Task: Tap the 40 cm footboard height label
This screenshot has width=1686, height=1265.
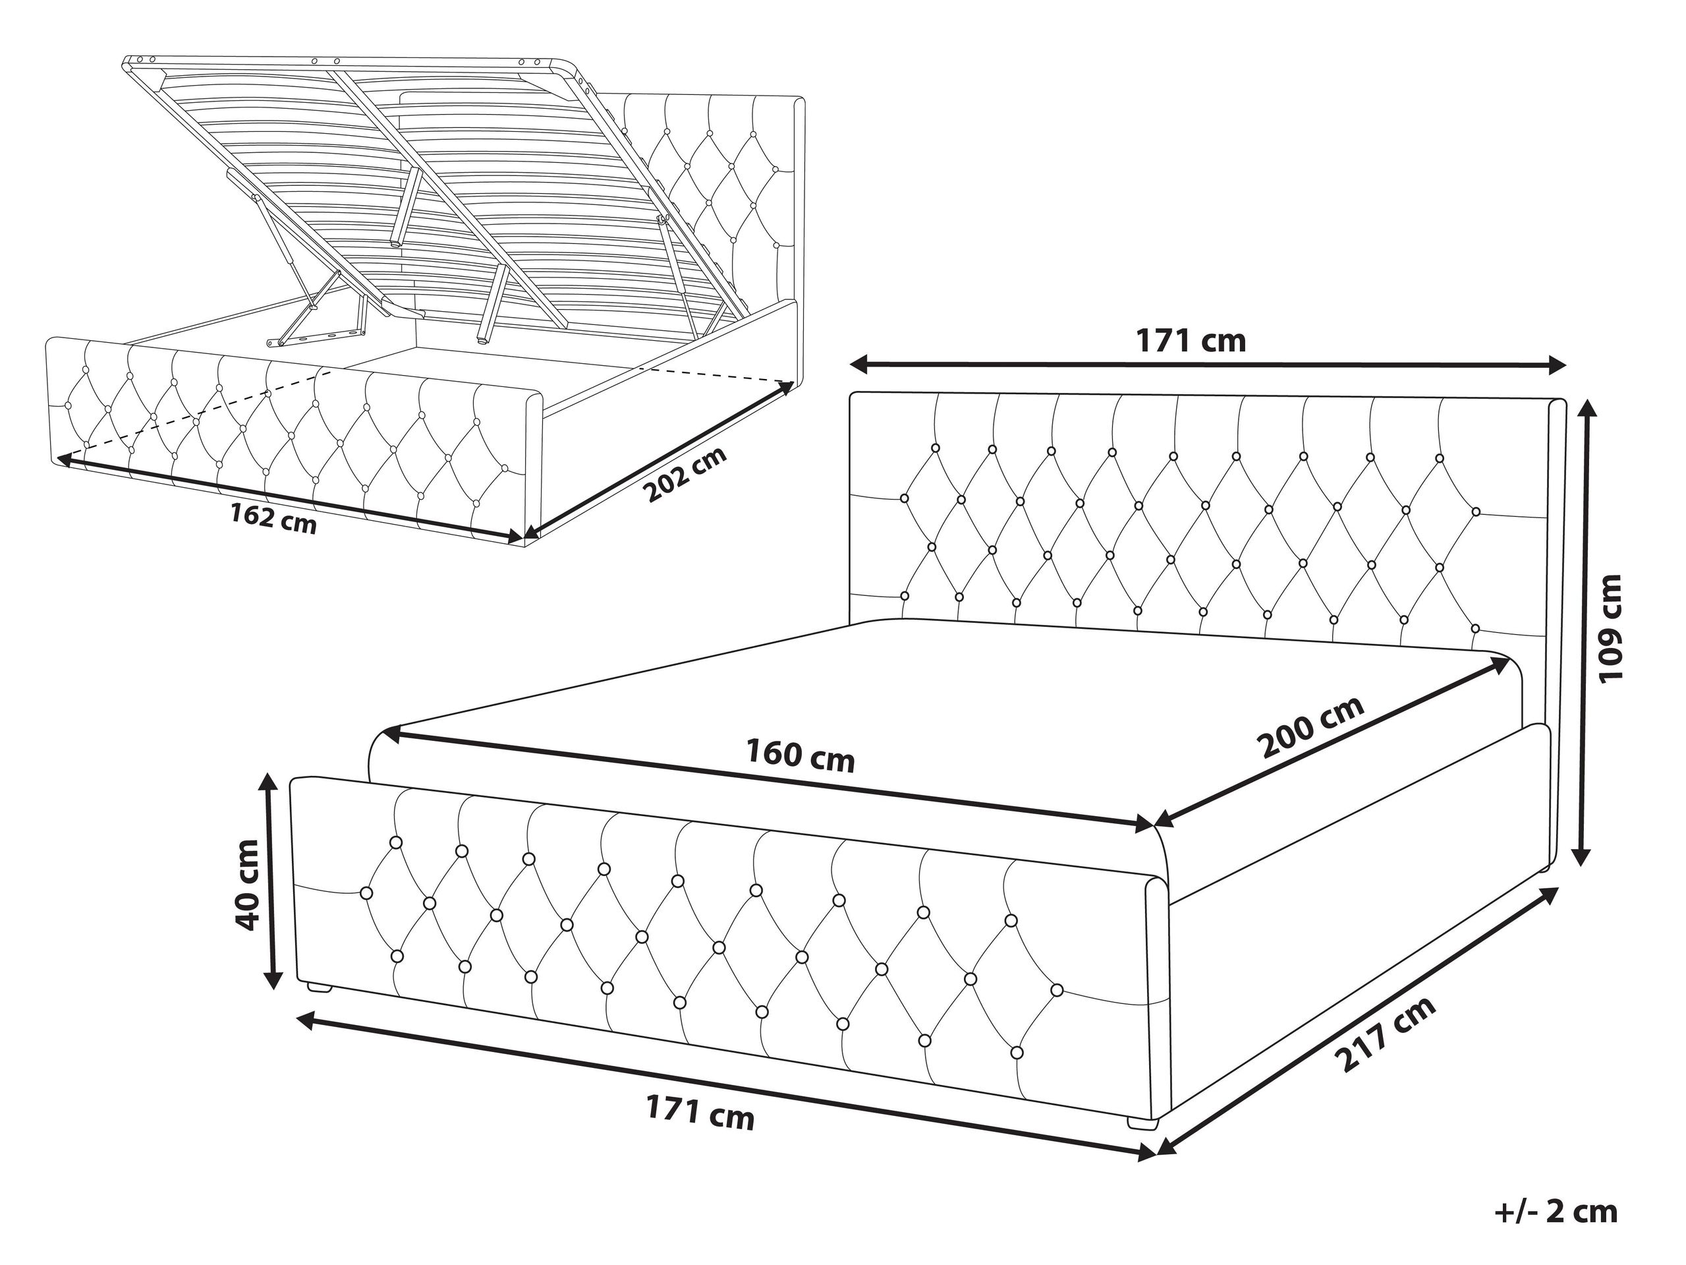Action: (x=249, y=886)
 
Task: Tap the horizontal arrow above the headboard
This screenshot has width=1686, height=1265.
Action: (x=1209, y=365)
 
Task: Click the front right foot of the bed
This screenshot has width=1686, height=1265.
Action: (x=1141, y=1123)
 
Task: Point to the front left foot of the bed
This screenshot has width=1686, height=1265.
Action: (x=319, y=987)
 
